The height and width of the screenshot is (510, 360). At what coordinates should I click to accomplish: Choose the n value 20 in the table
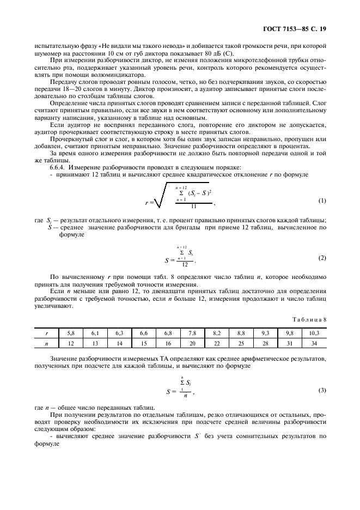pyautogui.click(x=192, y=344)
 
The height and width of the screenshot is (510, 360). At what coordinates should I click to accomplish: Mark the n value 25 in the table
pyautogui.click(x=241, y=344)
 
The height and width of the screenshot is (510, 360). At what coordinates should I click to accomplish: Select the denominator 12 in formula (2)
pyautogui.click(x=186, y=264)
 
